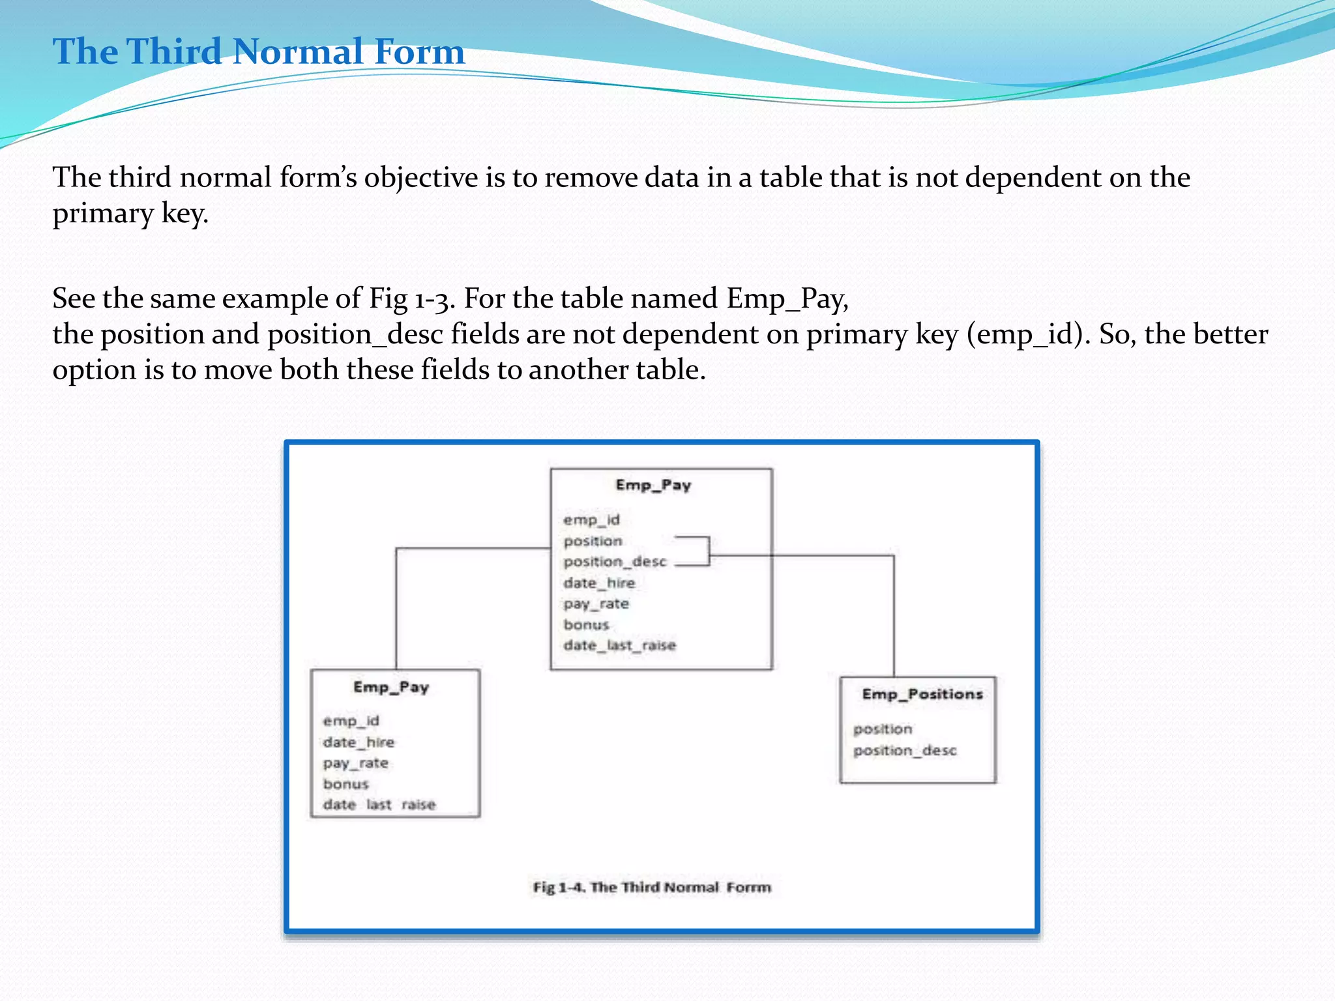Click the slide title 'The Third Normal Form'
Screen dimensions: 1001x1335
point(259,51)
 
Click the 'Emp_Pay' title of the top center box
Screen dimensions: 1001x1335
point(653,485)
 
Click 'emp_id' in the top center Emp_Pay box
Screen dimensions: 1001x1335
point(591,520)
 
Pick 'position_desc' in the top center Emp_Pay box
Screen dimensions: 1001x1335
point(615,562)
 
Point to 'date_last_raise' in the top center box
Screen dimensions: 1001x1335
point(619,645)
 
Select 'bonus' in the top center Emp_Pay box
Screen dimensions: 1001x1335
point(586,624)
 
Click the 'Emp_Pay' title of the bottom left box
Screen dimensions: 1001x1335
point(391,687)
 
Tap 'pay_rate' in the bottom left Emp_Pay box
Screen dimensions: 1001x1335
point(355,763)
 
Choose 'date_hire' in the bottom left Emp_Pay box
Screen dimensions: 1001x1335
point(359,742)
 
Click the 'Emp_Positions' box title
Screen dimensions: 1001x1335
point(922,694)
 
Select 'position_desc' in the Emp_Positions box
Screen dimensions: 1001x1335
point(905,751)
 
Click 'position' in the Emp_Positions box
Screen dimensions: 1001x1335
point(883,729)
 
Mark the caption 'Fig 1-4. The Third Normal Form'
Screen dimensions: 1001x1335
point(652,887)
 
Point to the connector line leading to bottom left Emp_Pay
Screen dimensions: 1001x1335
point(396,606)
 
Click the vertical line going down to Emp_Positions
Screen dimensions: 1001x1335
point(894,616)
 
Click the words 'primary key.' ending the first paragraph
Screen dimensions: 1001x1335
point(130,214)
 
